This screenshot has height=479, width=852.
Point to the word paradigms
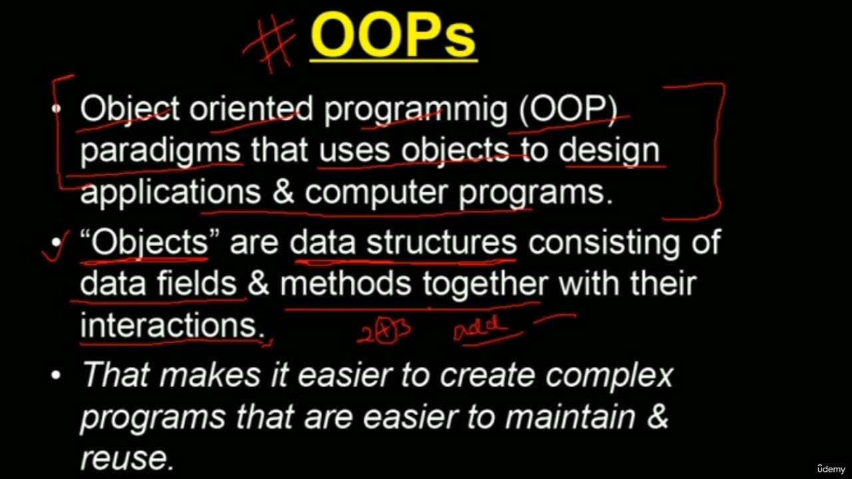click(x=160, y=152)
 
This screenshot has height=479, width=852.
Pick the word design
click(x=608, y=152)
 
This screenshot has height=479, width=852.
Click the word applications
click(x=170, y=193)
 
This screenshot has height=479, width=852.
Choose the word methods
click(x=345, y=285)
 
